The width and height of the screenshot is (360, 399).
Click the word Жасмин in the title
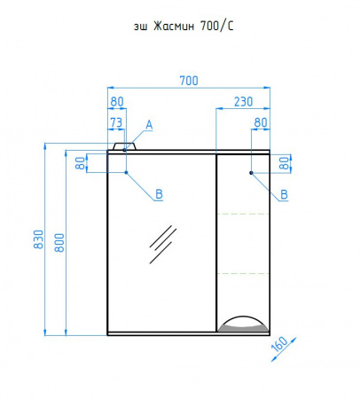click(174, 27)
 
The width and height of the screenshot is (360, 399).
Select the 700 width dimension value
click(189, 81)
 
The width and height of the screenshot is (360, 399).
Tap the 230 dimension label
click(244, 102)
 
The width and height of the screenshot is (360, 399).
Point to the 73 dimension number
click(116, 122)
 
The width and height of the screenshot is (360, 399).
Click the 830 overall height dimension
click(39, 239)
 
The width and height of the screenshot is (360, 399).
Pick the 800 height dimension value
click(59, 243)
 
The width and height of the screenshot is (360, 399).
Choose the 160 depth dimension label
click(279, 344)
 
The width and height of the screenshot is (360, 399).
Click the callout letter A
click(149, 125)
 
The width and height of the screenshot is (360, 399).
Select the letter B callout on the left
click(159, 194)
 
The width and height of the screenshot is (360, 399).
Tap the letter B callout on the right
click(284, 194)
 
